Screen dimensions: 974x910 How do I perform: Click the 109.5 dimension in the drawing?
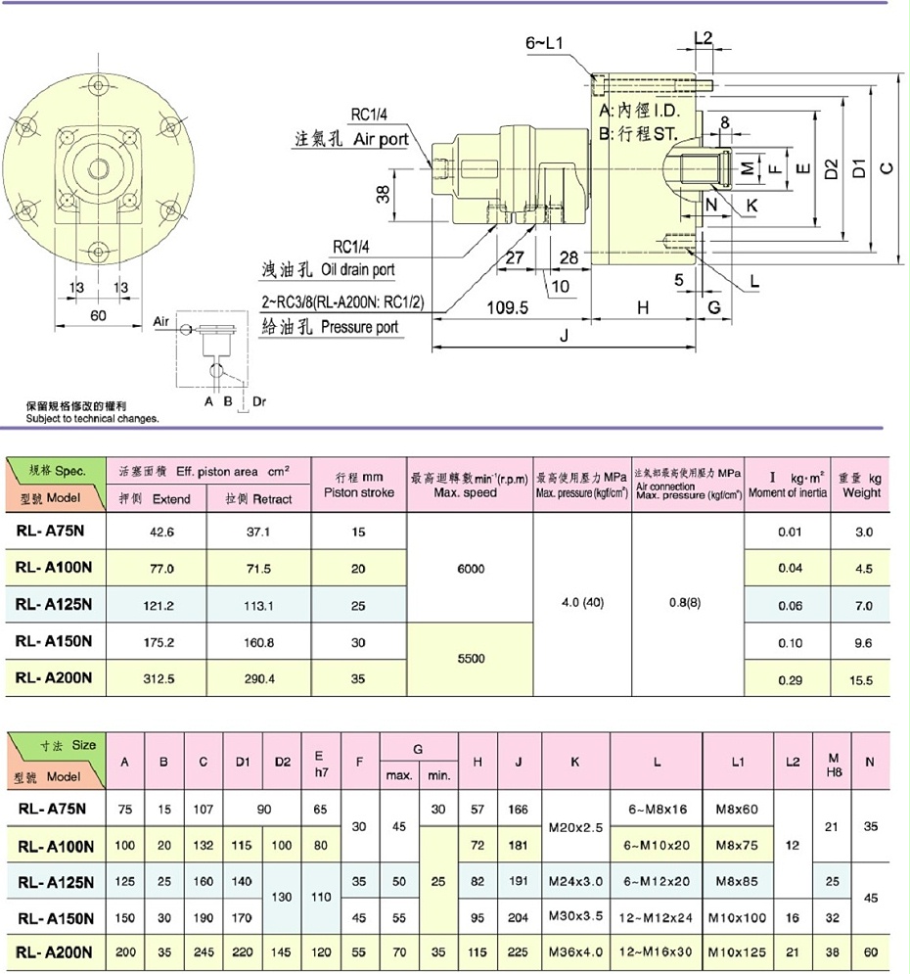coord(507,307)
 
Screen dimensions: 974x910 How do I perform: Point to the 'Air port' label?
coord(381,140)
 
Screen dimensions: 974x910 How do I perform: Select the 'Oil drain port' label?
coord(355,269)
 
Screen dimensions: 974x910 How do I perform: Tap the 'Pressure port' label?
coord(359,327)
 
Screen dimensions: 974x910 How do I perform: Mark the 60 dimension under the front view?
coord(97,315)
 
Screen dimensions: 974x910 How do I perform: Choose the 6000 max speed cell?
coord(471,569)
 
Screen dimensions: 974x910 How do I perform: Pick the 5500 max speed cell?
coord(471,659)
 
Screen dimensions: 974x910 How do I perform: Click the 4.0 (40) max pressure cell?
coord(582,603)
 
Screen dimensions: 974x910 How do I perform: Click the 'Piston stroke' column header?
coord(358,485)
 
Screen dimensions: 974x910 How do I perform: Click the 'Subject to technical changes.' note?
coord(93,418)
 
